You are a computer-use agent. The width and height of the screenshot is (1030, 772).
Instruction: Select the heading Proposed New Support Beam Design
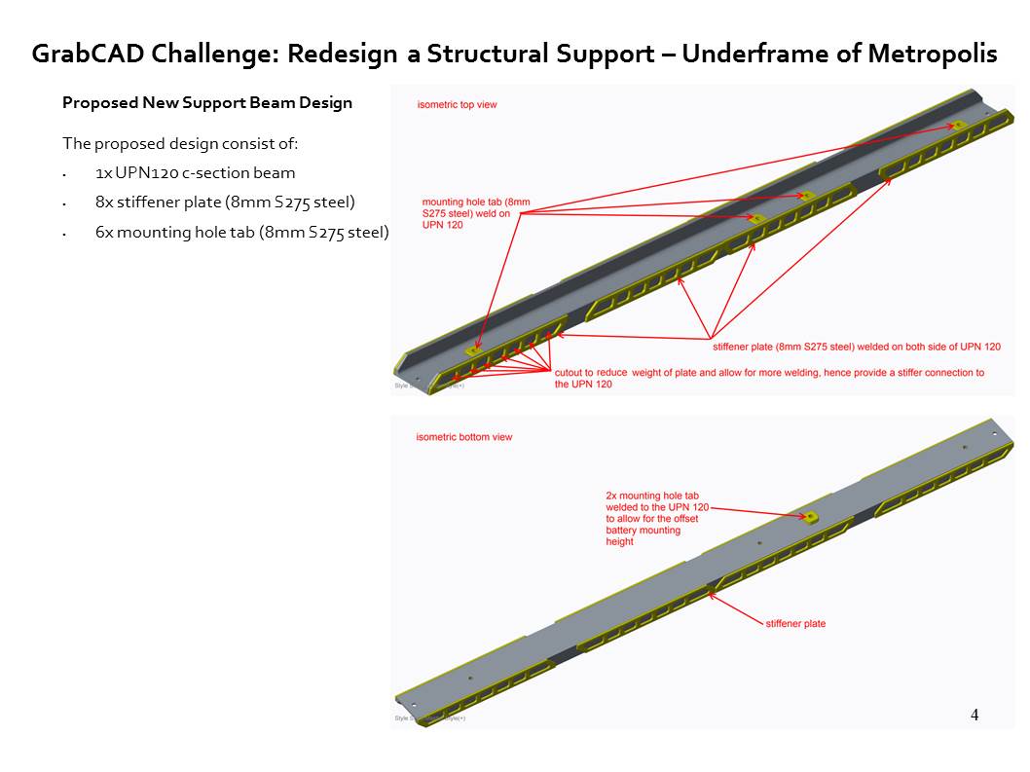[x=207, y=102]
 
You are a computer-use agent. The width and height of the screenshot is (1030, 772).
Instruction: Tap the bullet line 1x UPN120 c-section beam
[x=195, y=173]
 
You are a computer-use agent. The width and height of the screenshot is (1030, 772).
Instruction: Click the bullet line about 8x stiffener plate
[x=225, y=202]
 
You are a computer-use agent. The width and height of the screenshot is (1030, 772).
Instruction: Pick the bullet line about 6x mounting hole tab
[x=241, y=232]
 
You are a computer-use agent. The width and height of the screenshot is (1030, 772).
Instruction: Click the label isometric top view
[x=457, y=104]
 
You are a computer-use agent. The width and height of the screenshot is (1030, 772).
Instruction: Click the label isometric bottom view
[x=463, y=437]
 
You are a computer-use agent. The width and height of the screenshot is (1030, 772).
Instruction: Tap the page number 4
[x=975, y=716]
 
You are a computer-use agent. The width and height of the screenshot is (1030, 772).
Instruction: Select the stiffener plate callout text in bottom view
[x=795, y=623]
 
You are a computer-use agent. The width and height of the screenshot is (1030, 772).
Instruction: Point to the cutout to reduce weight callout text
[x=768, y=378]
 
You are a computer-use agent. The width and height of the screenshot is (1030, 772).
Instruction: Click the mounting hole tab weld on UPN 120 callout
[x=476, y=213]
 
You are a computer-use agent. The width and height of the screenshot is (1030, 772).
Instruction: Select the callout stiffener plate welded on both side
[x=856, y=347]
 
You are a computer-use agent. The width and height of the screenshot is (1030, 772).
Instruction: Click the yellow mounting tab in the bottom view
[x=810, y=517]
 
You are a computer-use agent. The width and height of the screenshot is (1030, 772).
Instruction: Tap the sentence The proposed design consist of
[x=180, y=144]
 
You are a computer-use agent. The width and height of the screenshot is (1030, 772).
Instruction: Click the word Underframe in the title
[x=742, y=54]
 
